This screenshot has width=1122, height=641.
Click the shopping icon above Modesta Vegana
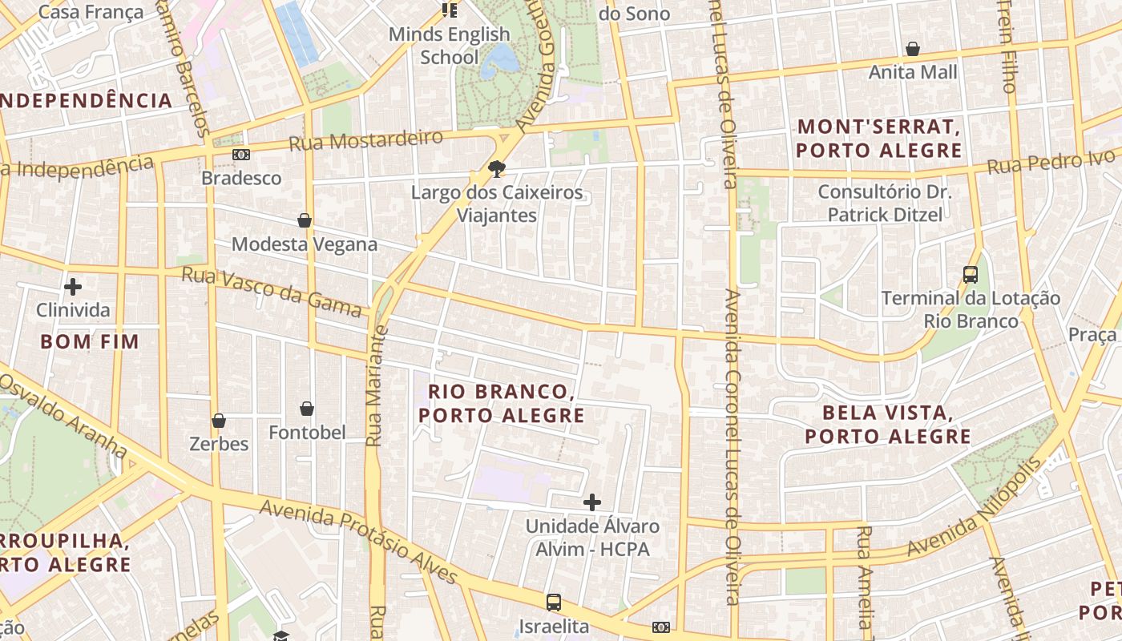point(305,220)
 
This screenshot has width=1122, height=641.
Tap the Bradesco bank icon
point(241,154)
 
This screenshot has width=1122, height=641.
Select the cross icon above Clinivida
point(73,286)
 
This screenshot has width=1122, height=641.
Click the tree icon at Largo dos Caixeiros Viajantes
point(497,169)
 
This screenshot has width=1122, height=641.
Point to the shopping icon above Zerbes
point(219,421)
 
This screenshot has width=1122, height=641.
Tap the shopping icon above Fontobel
point(307,409)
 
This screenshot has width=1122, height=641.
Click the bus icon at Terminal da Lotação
point(971,275)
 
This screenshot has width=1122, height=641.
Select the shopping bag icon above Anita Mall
point(913,50)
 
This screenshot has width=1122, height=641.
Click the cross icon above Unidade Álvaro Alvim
point(592,502)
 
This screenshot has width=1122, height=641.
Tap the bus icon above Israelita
point(553,603)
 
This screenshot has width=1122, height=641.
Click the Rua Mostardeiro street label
point(365,141)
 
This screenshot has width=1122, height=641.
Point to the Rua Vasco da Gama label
point(272,291)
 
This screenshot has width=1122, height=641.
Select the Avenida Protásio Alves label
point(358,542)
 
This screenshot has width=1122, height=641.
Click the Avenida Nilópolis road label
point(975,507)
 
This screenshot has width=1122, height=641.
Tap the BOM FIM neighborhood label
point(90,342)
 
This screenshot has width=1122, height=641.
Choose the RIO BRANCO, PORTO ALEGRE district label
point(502,404)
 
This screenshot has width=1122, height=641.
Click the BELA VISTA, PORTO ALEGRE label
point(888,425)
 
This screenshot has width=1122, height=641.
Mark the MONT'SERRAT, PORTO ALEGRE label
point(879,139)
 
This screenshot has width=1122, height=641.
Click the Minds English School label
point(450,46)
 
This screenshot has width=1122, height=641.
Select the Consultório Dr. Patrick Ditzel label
point(885,204)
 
